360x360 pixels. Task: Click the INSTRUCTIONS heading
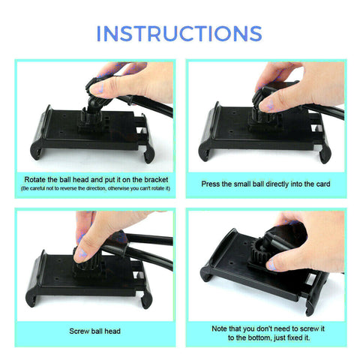coord(179,34)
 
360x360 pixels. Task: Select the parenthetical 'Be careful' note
coord(95,187)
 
